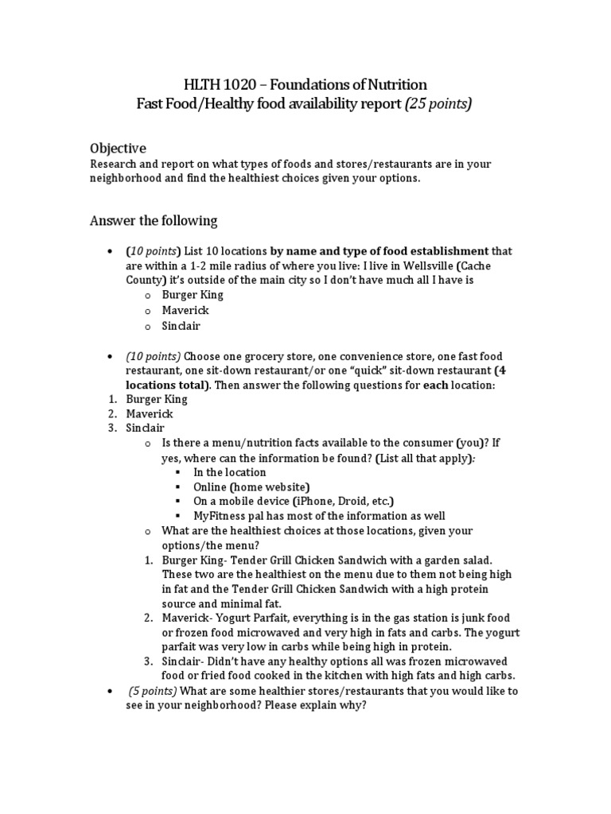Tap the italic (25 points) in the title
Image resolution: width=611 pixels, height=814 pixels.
(438, 104)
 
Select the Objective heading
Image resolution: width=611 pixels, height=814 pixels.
(117, 148)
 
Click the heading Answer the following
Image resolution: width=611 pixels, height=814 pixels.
(153, 220)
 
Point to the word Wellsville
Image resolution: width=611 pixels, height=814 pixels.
(434, 266)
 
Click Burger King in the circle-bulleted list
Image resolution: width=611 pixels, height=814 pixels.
(193, 295)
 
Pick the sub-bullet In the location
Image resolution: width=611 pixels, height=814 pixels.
(229, 472)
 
